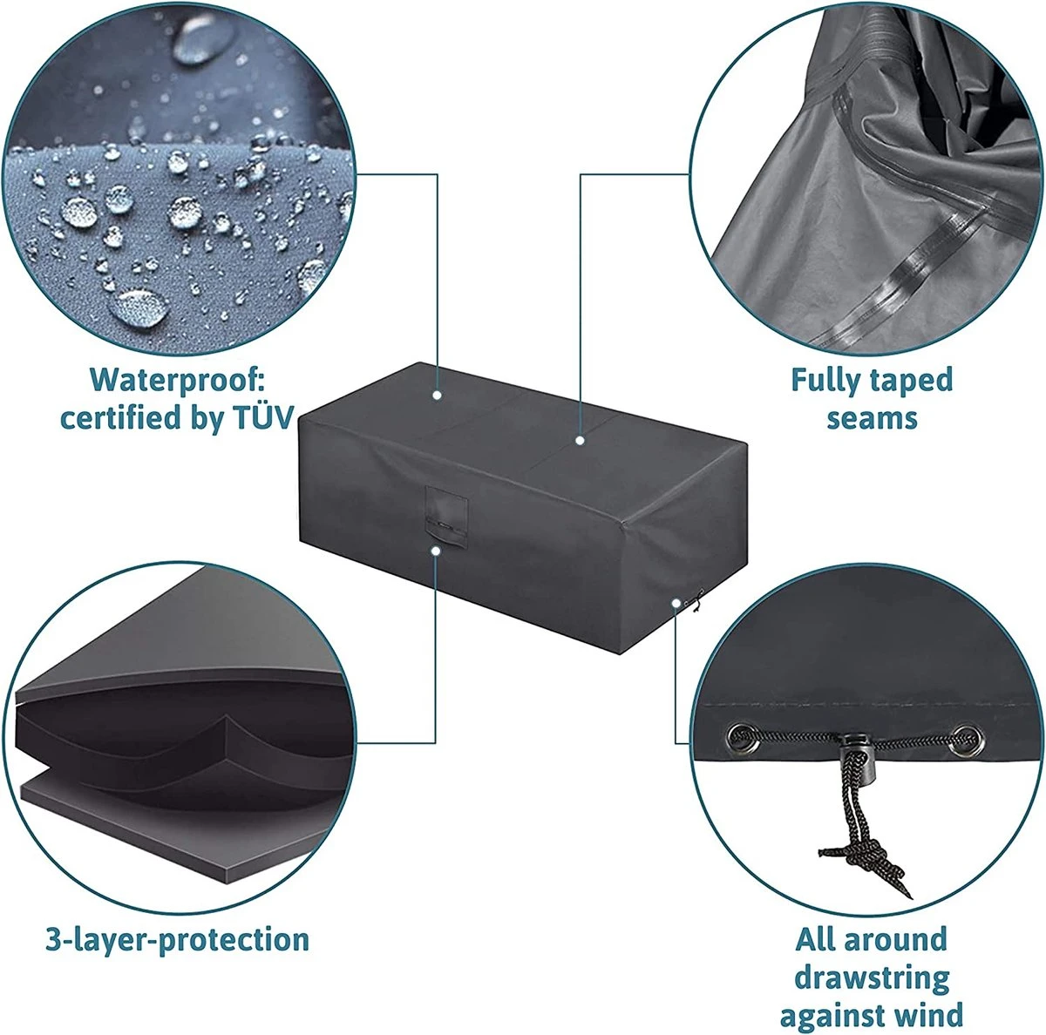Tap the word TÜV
263,418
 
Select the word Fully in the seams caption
825,381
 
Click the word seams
871,419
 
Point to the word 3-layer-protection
177,940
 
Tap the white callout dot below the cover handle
435,551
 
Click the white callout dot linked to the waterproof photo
437,396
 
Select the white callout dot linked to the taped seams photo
581,441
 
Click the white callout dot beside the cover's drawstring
676,603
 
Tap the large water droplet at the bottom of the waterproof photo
139,308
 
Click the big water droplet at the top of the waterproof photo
203,38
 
